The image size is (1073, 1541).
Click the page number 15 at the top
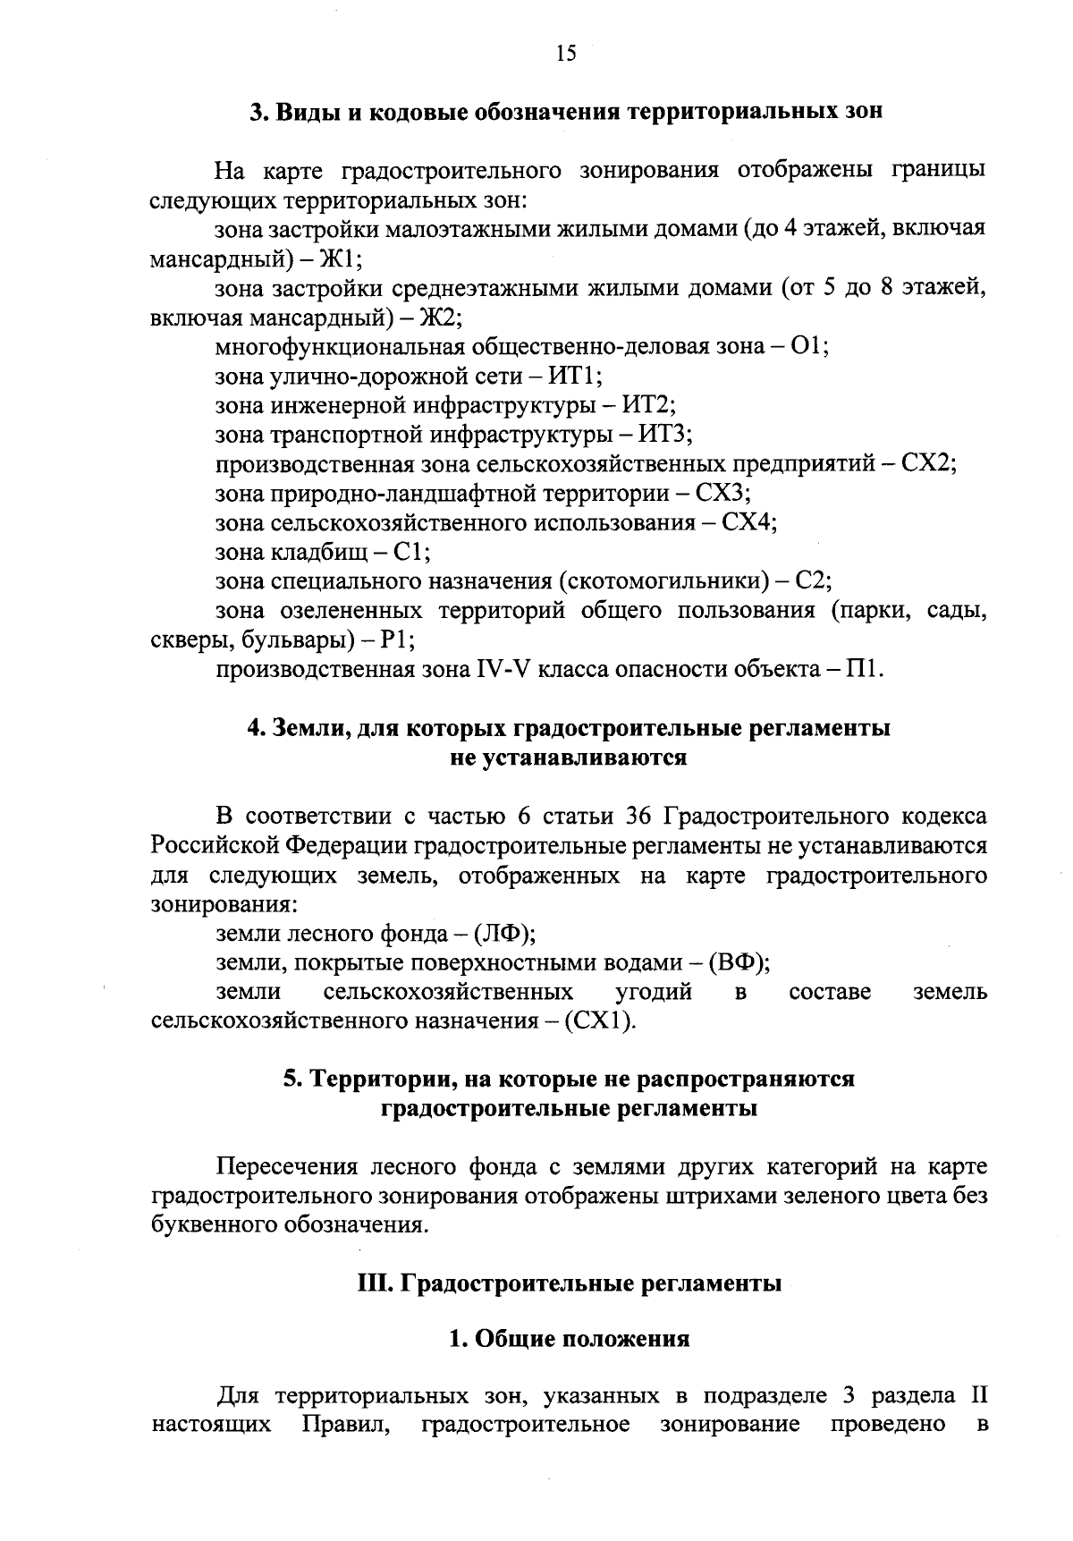[x=565, y=54]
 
